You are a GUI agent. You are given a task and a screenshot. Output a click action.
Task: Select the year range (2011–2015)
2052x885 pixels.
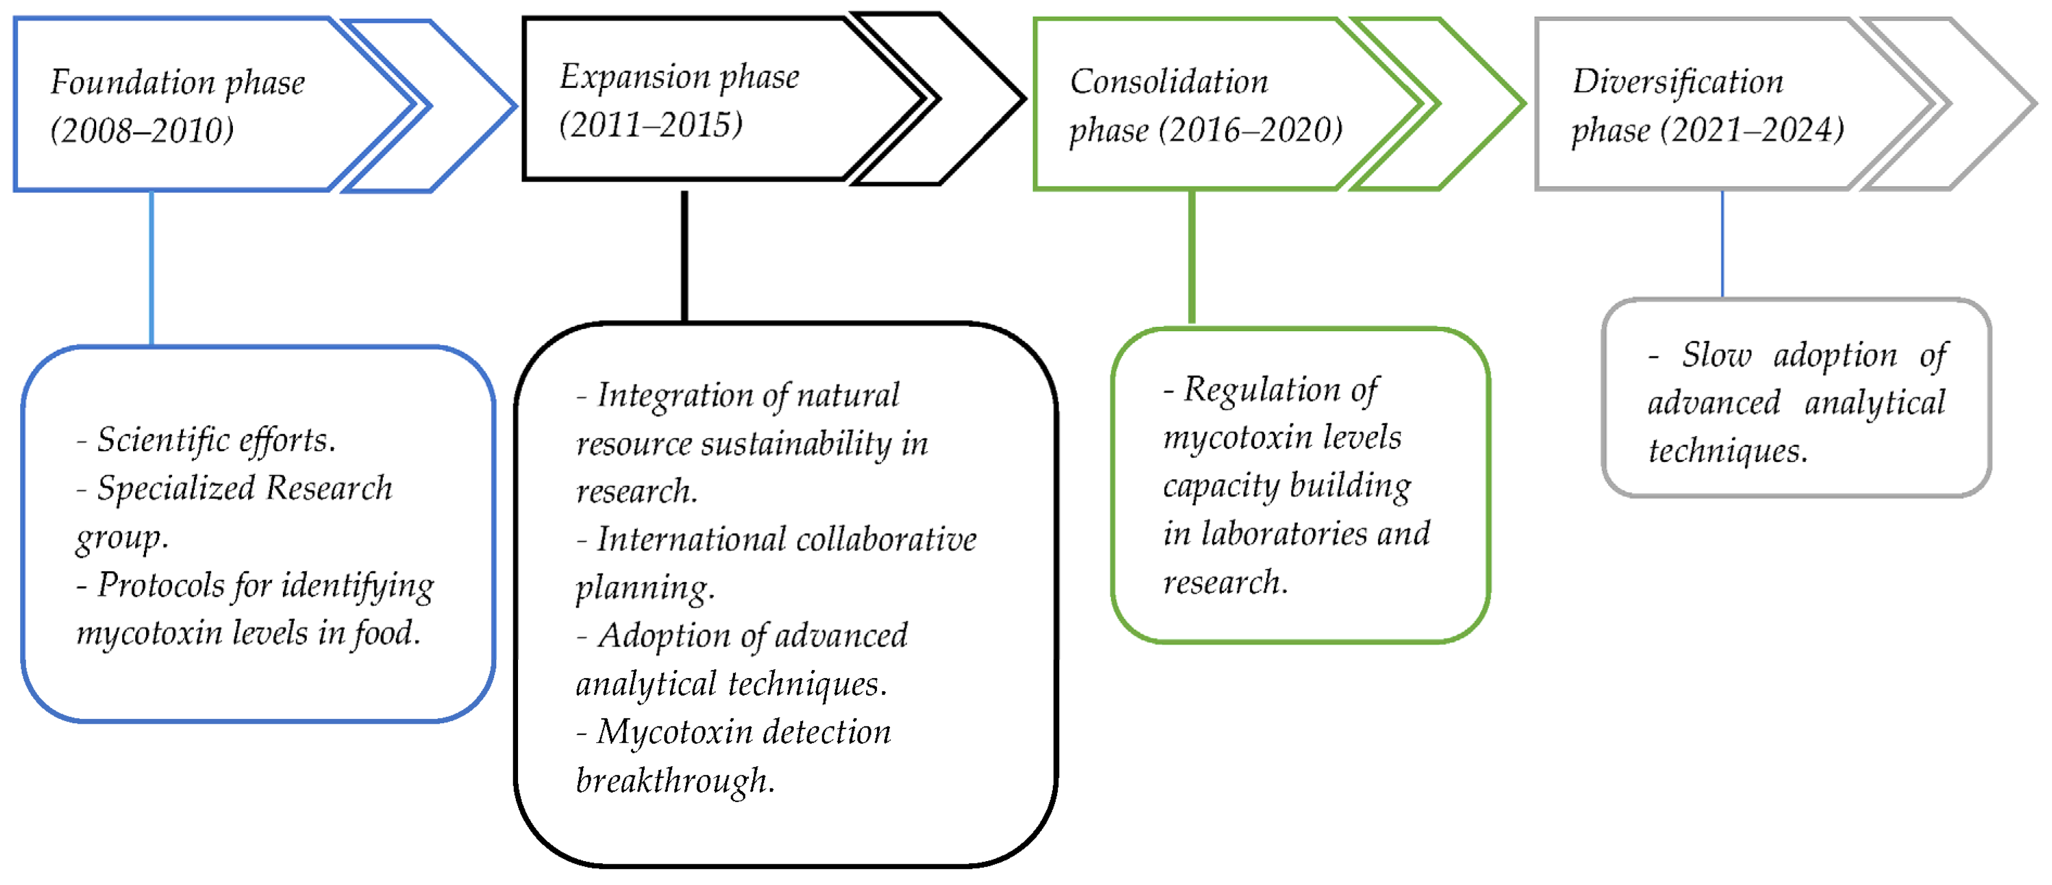coord(651,125)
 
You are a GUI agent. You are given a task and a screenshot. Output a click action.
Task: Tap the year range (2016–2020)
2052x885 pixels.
coord(1251,130)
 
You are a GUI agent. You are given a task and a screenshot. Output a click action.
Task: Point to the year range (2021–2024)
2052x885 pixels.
coord(1752,130)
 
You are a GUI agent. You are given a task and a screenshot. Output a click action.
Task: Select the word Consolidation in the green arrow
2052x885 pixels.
coord(1169,81)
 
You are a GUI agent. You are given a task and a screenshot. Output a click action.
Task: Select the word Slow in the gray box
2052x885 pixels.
coord(1716,355)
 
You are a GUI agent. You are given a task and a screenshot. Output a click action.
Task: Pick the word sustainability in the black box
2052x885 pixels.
coord(796,444)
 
